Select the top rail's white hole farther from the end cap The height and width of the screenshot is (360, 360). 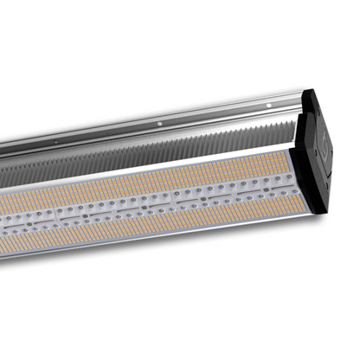pos(158,125)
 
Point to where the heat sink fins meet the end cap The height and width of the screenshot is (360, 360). pos(294,131)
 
